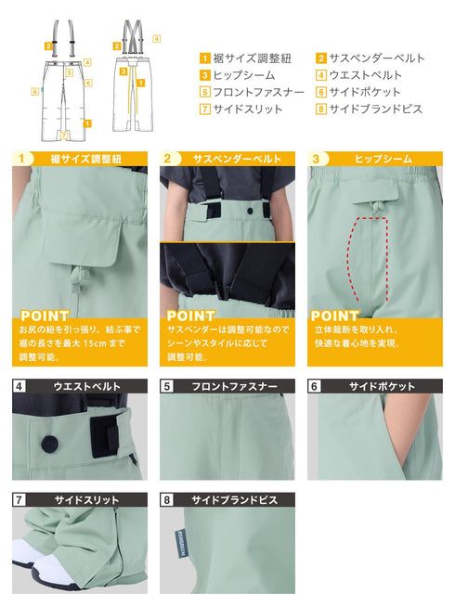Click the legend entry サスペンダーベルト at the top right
point(370,58)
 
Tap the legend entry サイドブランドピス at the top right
point(370,109)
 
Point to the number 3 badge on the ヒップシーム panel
point(318,159)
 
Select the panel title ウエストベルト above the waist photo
point(88,386)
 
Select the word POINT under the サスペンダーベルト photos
point(190,316)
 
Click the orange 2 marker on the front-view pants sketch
point(47,44)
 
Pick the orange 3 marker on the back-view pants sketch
point(123,71)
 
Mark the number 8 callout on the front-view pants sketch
point(33,92)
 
